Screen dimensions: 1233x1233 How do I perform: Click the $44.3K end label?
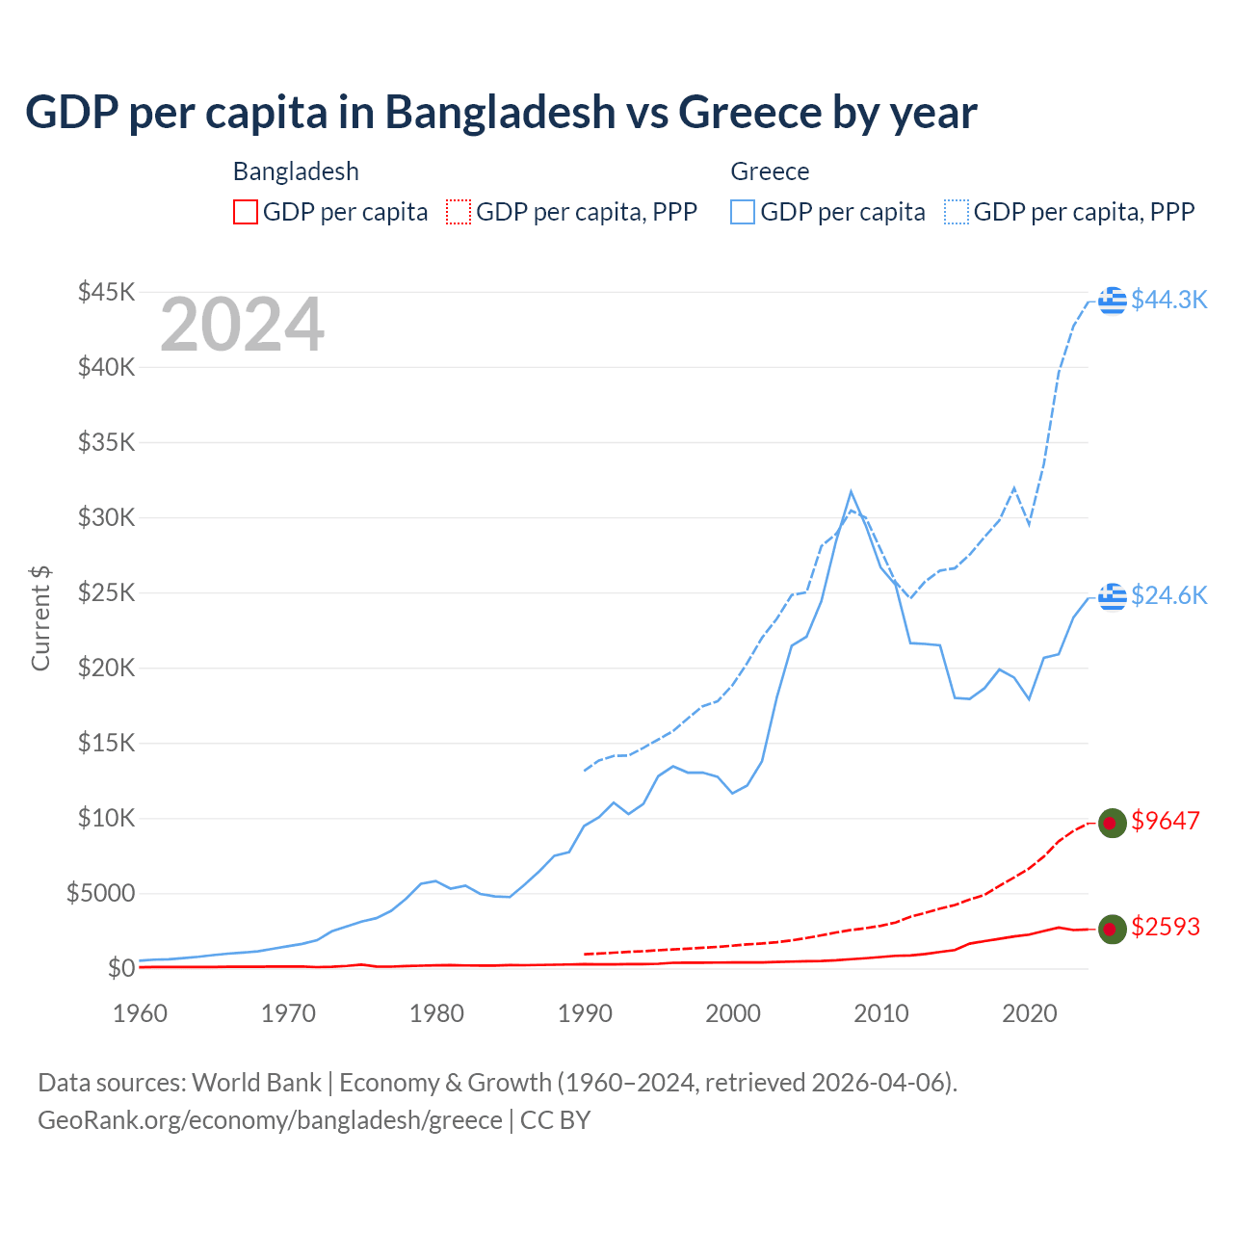tap(1168, 300)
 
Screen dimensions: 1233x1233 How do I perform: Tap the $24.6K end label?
tap(1168, 595)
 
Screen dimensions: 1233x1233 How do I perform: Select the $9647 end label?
tap(1166, 821)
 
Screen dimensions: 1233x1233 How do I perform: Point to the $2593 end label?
tap(1166, 927)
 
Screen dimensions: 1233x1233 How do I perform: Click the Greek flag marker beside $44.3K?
tap(1113, 301)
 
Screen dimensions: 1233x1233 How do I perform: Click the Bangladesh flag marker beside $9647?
tap(1113, 823)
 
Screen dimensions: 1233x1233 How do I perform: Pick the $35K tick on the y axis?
tap(106, 442)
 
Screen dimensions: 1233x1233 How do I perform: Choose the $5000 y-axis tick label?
tap(100, 893)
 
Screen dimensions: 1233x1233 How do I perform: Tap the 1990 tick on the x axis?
tap(585, 1013)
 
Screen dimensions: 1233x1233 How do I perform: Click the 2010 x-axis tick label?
tap(881, 1013)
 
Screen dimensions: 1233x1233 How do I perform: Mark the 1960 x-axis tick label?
tap(141, 1013)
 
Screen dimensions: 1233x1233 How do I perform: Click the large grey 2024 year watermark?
tap(242, 325)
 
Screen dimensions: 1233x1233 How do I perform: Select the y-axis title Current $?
tap(40, 618)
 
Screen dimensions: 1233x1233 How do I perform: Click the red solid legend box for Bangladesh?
tap(246, 212)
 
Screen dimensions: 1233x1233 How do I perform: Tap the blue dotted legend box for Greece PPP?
tap(957, 212)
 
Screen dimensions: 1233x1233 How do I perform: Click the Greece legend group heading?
tap(770, 171)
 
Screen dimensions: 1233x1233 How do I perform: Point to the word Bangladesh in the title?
tap(500, 112)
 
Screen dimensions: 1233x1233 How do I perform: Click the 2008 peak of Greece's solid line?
tap(851, 491)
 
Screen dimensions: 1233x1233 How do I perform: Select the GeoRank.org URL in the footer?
tap(270, 1120)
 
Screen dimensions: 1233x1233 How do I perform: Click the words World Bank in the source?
tap(256, 1083)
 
